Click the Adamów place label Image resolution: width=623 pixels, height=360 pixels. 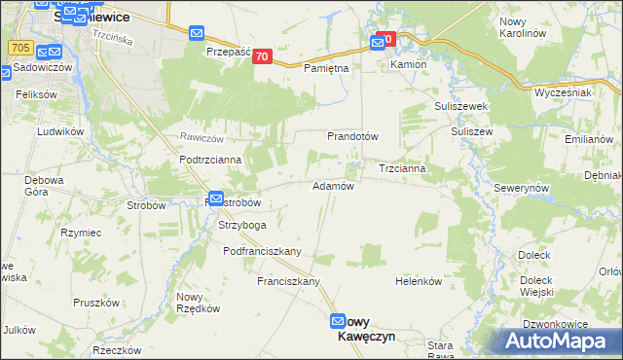pos(332,185)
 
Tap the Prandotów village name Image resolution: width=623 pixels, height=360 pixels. pos(351,136)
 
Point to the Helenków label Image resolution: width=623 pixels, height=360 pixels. pos(419,281)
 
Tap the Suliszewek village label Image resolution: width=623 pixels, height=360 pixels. pos(460,105)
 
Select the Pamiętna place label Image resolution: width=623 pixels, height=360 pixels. pos(326,69)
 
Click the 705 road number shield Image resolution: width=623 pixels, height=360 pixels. pos(18,47)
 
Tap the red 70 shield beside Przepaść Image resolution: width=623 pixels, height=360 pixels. pos(261,57)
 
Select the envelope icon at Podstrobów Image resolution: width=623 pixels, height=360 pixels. pos(216,198)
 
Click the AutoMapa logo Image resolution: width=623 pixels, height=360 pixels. pos(558,342)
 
